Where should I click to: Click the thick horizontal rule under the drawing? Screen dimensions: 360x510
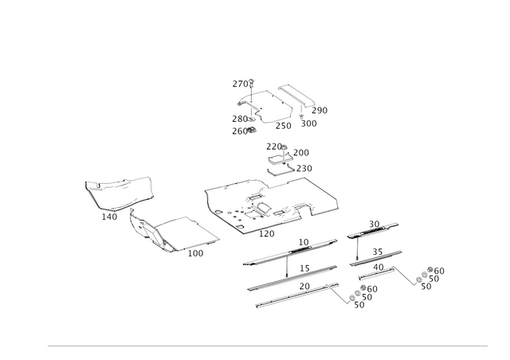(267, 346)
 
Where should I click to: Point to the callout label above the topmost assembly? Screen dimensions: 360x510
(242, 83)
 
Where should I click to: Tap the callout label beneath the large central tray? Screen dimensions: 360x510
(266, 234)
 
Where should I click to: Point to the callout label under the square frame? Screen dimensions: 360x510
(195, 255)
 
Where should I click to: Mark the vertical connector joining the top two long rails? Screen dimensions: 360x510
(284, 263)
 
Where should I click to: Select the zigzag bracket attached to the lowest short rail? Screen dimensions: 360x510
(406, 279)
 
